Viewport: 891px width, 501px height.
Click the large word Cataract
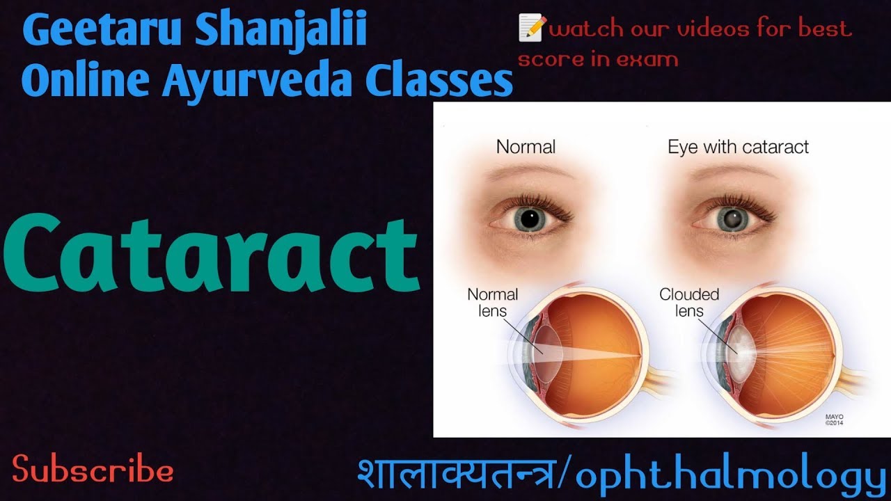coord(211,255)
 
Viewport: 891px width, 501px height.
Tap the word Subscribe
coord(93,470)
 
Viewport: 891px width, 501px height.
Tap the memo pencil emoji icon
coord(530,28)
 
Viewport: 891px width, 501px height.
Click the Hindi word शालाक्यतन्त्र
coord(456,475)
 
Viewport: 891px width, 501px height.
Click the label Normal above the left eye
coord(526,147)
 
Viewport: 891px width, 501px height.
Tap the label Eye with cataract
coord(738,147)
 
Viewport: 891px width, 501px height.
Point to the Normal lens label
coord(492,303)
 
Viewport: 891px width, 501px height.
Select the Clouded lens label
coord(689,303)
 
